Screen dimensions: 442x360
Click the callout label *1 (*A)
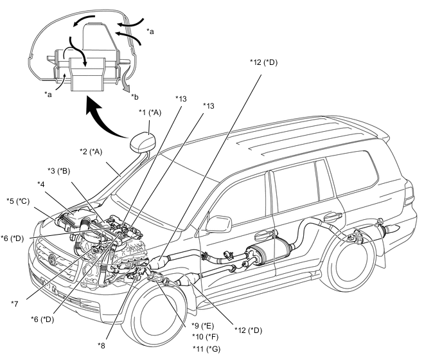click(x=150, y=113)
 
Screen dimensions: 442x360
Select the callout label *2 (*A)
click(x=91, y=152)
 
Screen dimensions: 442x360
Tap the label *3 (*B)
click(x=58, y=171)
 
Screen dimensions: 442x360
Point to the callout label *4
click(x=41, y=184)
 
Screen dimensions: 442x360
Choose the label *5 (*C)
click(x=18, y=201)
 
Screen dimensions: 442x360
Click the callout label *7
click(x=15, y=303)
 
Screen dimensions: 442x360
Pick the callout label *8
click(x=102, y=345)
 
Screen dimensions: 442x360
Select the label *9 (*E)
click(x=202, y=326)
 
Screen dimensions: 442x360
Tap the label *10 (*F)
click(x=205, y=337)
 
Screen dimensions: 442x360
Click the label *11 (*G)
click(x=207, y=349)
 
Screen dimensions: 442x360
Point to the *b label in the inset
click(x=135, y=97)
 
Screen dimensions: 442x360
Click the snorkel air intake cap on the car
click(x=143, y=142)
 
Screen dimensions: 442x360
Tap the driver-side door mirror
click(x=218, y=224)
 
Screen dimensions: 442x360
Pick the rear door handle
click(x=333, y=217)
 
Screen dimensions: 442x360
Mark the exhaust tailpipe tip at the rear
click(x=393, y=229)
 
